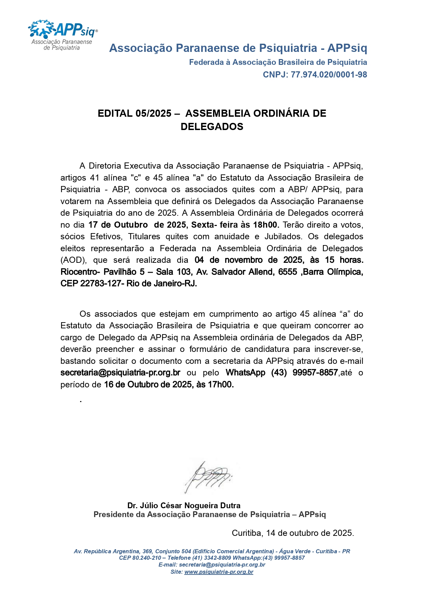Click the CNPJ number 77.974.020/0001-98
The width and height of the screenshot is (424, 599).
(x=329, y=75)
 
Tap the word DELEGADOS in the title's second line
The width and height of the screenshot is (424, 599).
(x=212, y=127)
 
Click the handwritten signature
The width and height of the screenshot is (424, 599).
(x=208, y=476)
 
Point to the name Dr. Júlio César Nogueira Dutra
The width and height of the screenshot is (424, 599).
(x=184, y=505)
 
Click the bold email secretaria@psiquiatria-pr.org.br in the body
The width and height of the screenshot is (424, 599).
(x=120, y=373)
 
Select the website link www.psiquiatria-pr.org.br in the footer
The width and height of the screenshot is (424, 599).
(x=219, y=572)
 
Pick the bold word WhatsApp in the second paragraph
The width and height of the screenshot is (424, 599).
(x=245, y=373)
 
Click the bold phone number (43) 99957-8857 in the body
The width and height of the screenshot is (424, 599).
(x=305, y=373)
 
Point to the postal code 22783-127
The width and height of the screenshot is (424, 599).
(x=101, y=284)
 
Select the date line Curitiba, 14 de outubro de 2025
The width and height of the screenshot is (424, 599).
(x=293, y=533)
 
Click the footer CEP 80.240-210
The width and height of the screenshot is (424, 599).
(x=140, y=558)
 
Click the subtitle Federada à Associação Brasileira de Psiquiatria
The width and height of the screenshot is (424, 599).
(x=278, y=62)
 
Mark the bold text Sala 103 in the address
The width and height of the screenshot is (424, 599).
(x=173, y=272)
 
